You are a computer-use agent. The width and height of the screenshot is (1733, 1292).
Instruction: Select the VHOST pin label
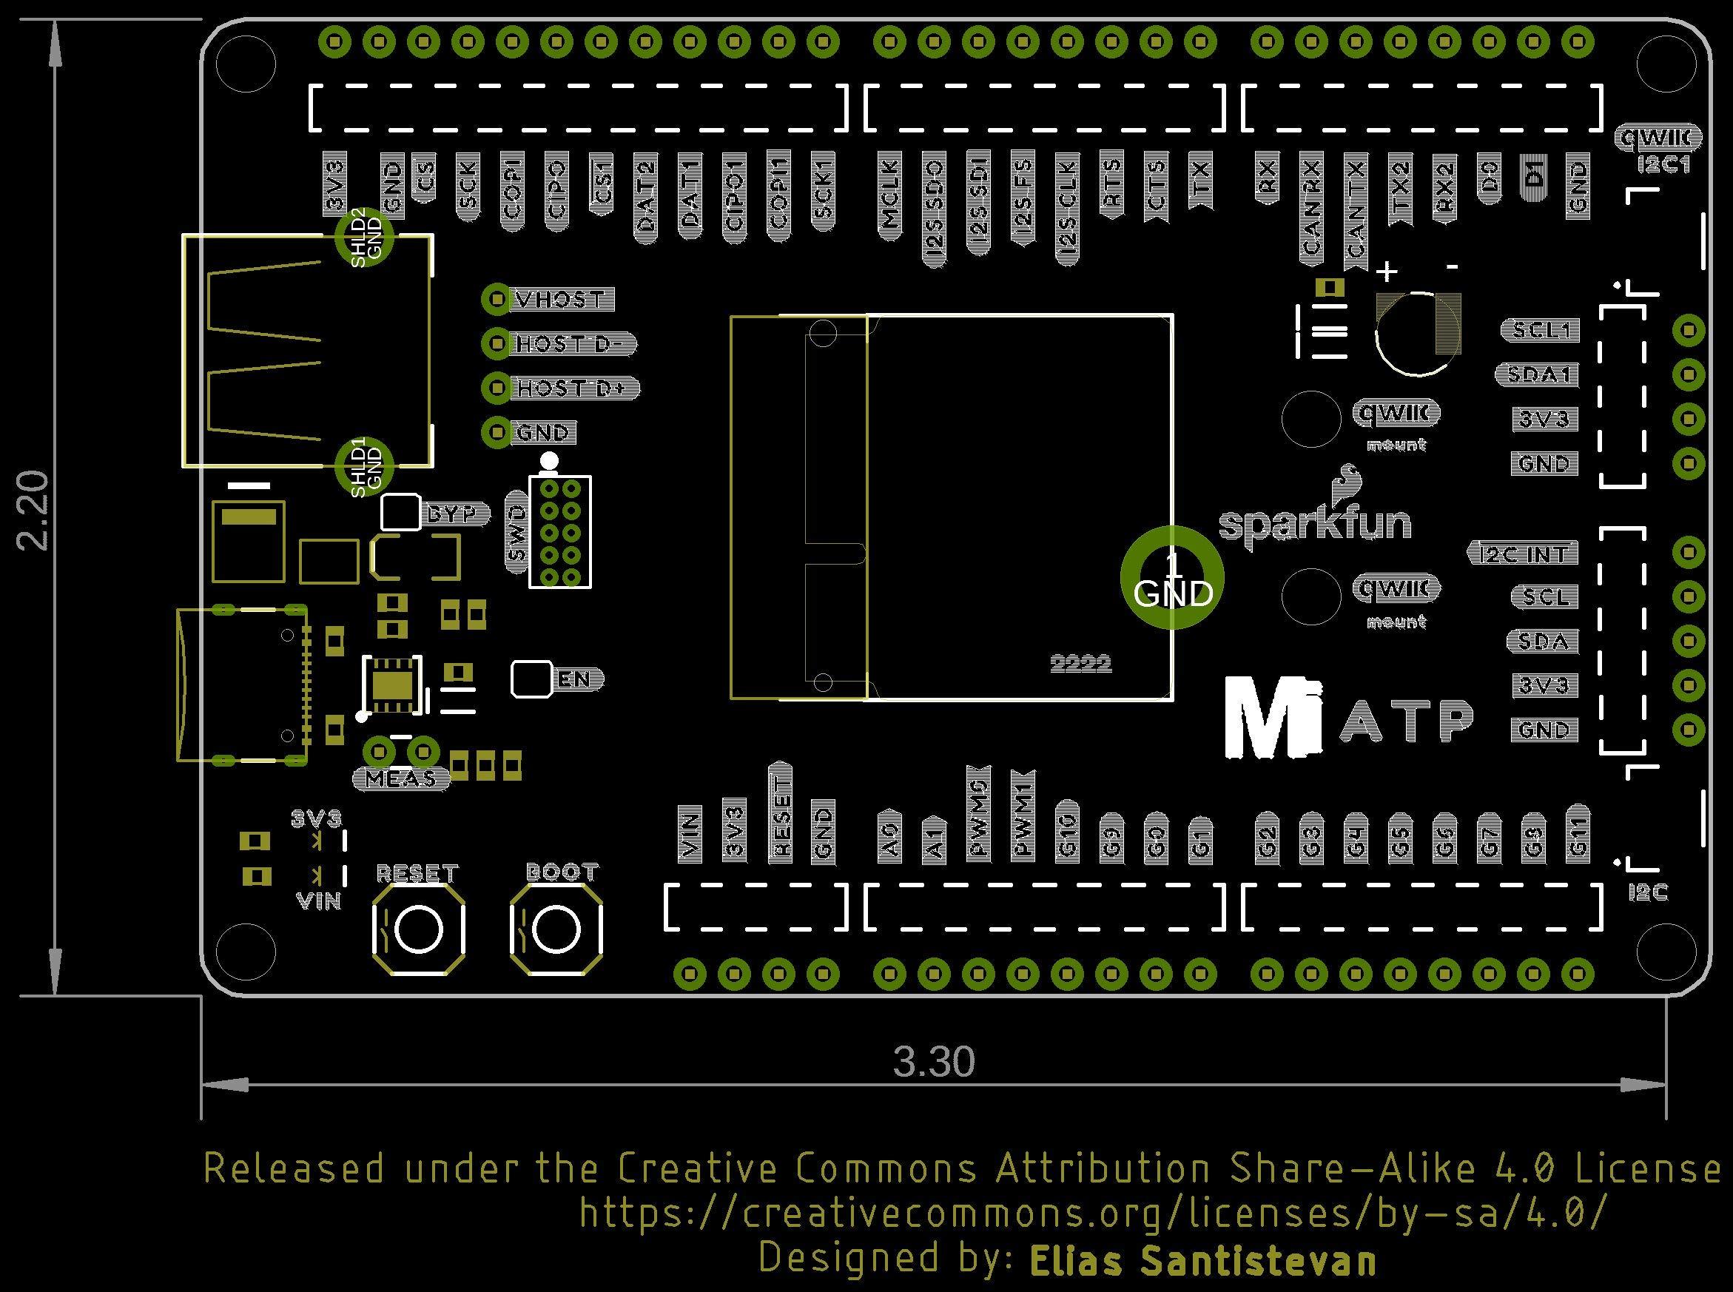click(x=561, y=300)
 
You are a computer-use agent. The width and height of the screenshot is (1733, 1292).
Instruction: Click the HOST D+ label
click(x=574, y=388)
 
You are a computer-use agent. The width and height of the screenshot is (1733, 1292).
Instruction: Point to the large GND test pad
click(x=1171, y=577)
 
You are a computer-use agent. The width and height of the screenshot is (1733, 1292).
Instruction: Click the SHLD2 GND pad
click(x=363, y=236)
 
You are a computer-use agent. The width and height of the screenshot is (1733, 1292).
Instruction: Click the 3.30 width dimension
click(x=934, y=1062)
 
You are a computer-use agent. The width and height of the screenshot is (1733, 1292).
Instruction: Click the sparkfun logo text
click(x=1316, y=523)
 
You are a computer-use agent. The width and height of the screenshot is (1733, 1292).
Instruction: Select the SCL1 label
click(x=1540, y=331)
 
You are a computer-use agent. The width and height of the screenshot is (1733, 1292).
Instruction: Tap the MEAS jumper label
click(x=400, y=779)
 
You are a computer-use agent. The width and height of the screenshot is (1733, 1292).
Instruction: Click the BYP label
click(x=454, y=514)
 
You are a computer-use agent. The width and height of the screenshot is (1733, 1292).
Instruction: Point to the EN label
click(x=576, y=679)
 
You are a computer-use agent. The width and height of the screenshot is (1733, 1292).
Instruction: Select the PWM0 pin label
click(x=978, y=820)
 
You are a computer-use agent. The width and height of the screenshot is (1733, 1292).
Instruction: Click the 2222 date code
click(x=1080, y=664)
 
